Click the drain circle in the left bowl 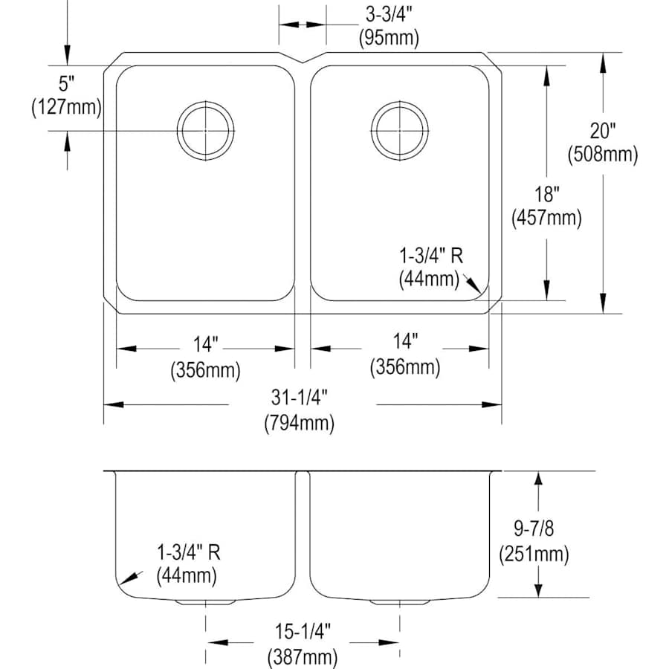(x=206, y=102)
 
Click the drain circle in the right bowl (x=400, y=102)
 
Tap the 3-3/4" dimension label (x=389, y=15)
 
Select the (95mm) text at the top (x=389, y=38)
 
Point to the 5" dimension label (x=67, y=83)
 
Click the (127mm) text (x=67, y=107)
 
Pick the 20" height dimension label (x=603, y=131)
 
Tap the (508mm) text (x=603, y=154)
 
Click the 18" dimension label (x=547, y=195)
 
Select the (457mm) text (x=547, y=218)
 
